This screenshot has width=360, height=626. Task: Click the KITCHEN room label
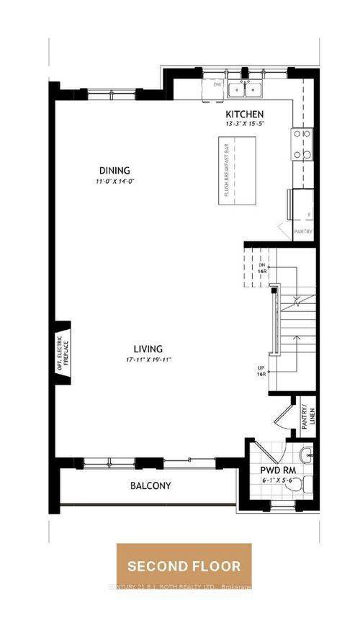click(x=245, y=115)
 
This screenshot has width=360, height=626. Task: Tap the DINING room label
click(x=114, y=171)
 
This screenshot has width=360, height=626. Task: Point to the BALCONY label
click(x=150, y=486)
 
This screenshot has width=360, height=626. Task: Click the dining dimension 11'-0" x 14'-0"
click(x=114, y=181)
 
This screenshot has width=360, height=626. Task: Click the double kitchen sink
click(x=246, y=89)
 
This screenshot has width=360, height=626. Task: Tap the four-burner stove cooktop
click(x=302, y=144)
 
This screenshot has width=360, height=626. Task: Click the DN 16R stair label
click(x=262, y=268)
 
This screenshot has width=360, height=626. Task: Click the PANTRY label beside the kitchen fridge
click(x=303, y=231)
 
